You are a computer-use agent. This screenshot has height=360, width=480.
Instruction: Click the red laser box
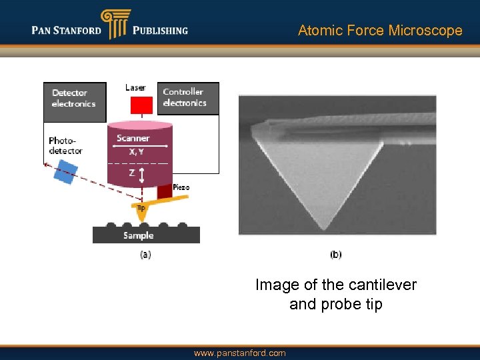coord(141,105)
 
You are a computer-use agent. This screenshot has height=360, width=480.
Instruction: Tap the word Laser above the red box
coord(135,87)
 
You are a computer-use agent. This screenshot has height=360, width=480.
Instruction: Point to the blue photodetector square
coord(65,173)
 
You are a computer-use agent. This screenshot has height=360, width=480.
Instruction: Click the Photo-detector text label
coord(65,145)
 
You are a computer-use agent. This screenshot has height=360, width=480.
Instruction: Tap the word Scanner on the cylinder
coord(133,138)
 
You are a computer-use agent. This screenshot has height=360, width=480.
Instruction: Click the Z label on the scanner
coord(132,173)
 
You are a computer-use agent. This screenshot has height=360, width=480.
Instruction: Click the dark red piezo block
coord(165,192)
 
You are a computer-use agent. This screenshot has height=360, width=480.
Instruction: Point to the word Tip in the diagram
coord(141,207)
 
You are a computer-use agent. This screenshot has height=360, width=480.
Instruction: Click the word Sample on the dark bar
coord(139,235)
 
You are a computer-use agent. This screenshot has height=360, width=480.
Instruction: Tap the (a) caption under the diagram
coord(145,254)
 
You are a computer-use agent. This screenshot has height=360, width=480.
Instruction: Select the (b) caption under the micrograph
coord(337,254)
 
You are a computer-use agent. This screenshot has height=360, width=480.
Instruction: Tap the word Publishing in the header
coord(160,30)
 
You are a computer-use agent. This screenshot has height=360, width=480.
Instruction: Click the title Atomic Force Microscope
coord(380,31)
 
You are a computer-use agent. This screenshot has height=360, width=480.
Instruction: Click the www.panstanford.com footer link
coord(239,353)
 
